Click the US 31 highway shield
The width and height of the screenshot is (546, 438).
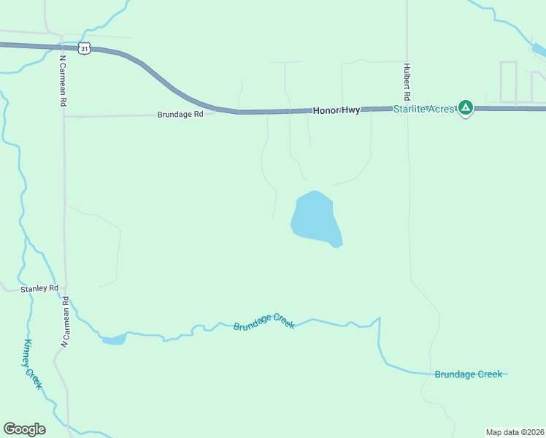point(85,48)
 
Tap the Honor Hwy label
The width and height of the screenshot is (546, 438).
point(337,110)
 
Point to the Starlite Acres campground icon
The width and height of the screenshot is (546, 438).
point(466,108)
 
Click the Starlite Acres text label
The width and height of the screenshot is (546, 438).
point(424,109)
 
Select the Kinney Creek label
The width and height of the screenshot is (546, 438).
point(33,364)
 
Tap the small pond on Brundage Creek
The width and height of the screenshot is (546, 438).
point(114,339)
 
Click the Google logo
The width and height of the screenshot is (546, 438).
point(24,429)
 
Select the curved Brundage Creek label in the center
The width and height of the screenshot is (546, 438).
point(264,321)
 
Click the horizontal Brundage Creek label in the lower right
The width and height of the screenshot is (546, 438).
point(468,374)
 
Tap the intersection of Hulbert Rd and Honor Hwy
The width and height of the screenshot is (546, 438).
point(407,108)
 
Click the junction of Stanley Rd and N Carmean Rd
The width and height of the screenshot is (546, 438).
point(65,289)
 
